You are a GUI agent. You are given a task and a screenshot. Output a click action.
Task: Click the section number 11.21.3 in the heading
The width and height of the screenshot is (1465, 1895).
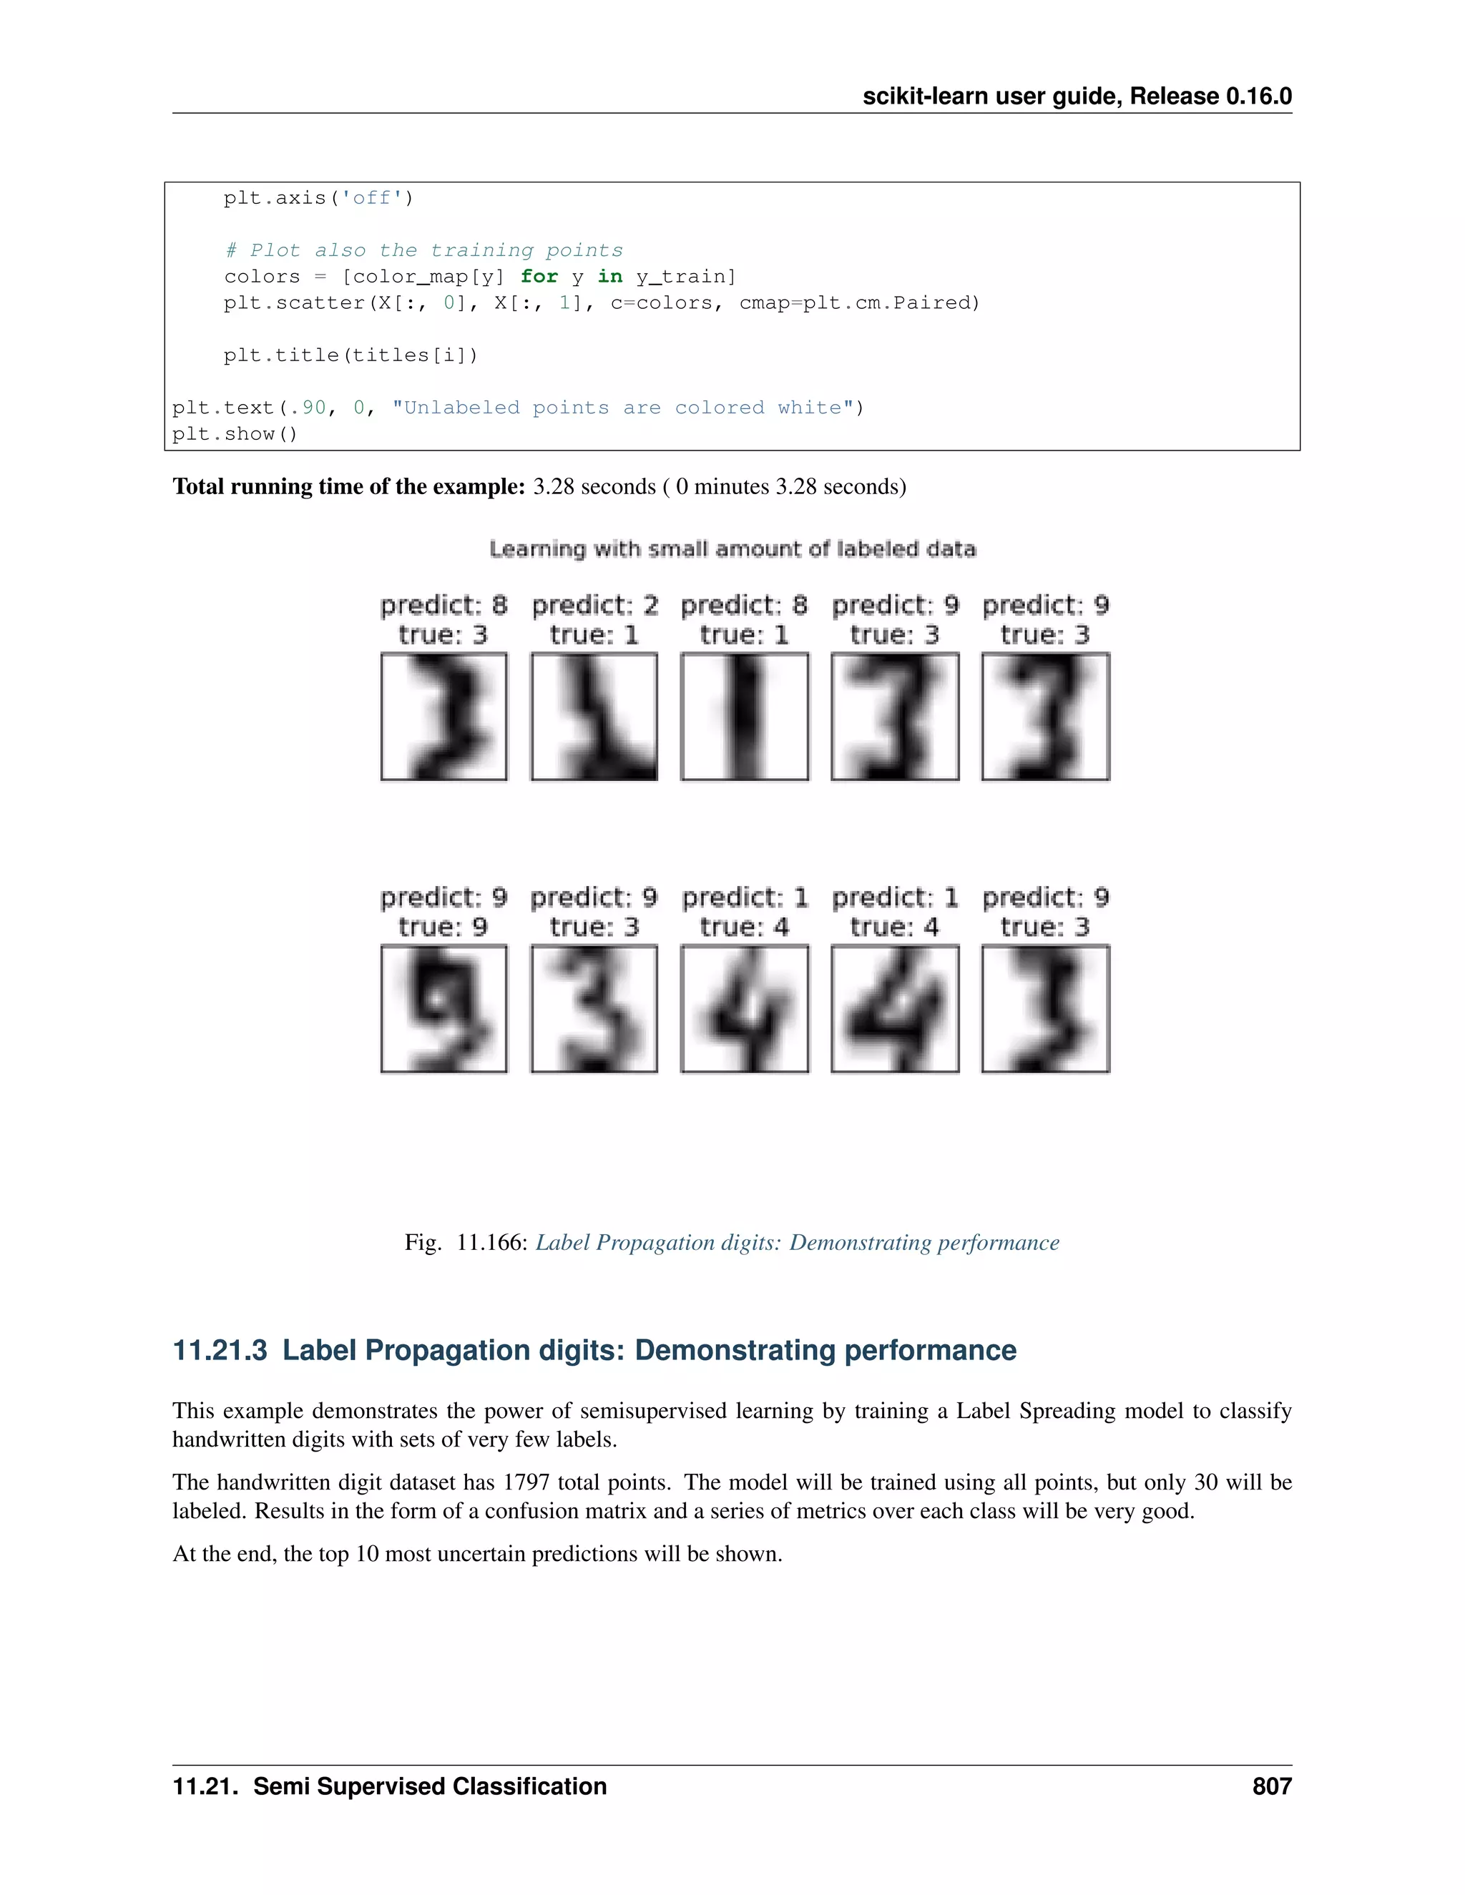tap(220, 1351)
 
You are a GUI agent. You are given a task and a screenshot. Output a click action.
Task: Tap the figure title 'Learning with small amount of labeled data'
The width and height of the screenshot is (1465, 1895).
tap(732, 549)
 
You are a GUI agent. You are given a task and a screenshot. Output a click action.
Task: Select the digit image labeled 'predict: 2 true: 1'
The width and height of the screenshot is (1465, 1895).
tap(594, 717)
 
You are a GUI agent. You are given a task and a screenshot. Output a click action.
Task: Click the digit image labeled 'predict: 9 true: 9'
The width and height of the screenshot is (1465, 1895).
tap(444, 1008)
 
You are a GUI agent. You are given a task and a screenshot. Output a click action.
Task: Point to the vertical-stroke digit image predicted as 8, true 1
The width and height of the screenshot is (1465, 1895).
tap(744, 717)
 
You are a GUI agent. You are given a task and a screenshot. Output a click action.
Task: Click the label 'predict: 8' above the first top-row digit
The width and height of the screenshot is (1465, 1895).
tap(444, 605)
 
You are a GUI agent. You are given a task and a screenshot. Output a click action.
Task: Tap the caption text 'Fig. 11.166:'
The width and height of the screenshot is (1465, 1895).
tap(466, 1243)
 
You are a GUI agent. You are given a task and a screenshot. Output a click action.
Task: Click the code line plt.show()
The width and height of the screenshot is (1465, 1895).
tap(235, 434)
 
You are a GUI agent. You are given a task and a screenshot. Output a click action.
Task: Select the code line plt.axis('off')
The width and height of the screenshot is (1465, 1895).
tap(318, 198)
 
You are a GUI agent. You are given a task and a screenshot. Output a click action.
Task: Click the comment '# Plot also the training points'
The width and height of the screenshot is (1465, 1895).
tap(423, 251)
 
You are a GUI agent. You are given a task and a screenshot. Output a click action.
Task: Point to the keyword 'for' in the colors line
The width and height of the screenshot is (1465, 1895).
tap(539, 277)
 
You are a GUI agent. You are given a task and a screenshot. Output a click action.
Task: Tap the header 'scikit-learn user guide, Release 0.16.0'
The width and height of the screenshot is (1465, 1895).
tap(1076, 97)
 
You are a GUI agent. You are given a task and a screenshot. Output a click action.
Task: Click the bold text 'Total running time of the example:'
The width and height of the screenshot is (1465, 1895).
tap(349, 487)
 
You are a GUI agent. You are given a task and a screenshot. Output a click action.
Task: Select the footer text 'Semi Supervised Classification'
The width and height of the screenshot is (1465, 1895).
tap(430, 1786)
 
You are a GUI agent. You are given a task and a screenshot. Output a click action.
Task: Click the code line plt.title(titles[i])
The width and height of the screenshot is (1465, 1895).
tap(351, 355)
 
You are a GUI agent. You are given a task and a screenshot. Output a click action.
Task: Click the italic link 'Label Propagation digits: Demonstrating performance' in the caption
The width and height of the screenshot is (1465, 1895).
tap(797, 1243)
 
